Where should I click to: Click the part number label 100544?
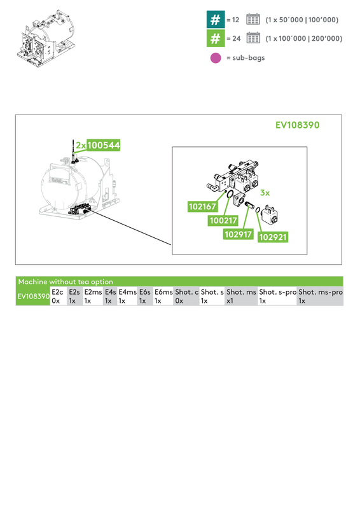coord(103,145)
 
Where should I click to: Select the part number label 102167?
coord(202,207)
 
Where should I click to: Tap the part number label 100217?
coord(223,221)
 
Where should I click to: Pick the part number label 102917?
coord(239,234)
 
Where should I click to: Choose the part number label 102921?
coord(274,237)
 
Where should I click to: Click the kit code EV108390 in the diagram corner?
coord(297,125)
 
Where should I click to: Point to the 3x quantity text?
coord(265,192)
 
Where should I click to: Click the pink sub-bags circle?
coord(216,58)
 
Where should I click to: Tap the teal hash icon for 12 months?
coord(216,19)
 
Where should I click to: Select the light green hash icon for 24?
coord(216,39)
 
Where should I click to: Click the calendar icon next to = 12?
coord(253,19)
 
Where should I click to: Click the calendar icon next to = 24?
coord(253,39)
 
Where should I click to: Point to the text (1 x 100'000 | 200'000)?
coord(303,39)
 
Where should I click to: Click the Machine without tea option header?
coord(66,281)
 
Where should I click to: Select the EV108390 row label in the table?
coord(33,296)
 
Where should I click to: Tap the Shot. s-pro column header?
coord(277,292)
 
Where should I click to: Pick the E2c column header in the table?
coord(57,292)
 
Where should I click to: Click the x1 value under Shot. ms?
coord(230,301)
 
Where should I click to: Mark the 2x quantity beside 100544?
coord(80,145)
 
